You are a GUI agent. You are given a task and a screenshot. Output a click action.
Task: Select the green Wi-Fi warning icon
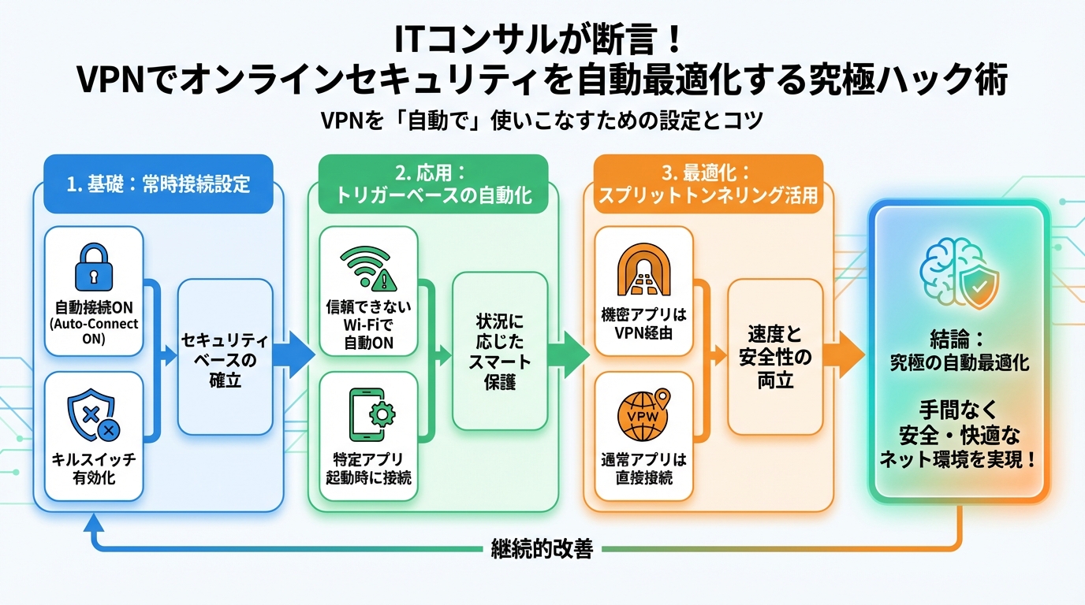coord(368,269)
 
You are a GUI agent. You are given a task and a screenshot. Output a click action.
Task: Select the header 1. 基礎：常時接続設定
coord(158,184)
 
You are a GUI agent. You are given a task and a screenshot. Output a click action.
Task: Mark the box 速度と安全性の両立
coord(774,358)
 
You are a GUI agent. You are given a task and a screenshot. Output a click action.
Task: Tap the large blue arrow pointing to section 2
coord(295,351)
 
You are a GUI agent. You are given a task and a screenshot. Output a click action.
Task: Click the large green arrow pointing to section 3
coord(569,351)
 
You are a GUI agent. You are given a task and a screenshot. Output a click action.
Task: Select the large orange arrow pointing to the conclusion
coord(845,351)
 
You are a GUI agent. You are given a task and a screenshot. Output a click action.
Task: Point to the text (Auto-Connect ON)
coord(94,331)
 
